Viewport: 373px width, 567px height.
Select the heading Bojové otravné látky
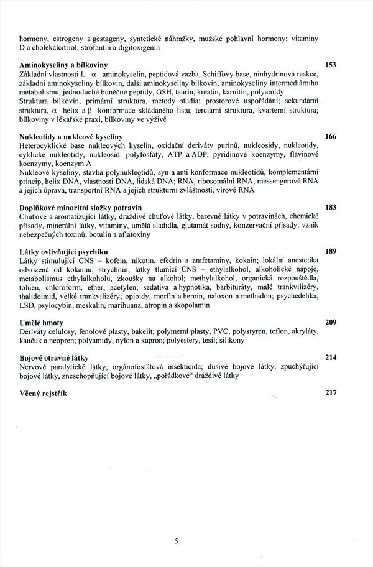54,358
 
